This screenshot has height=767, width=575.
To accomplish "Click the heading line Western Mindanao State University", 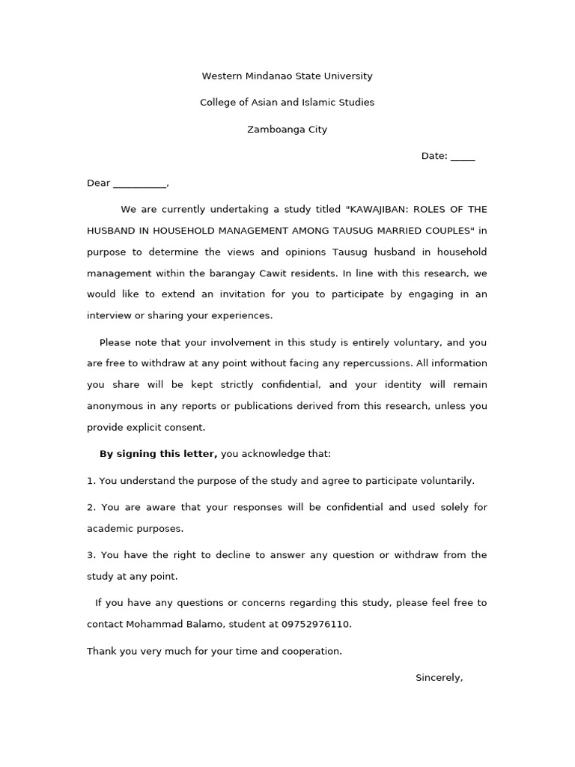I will tap(287, 76).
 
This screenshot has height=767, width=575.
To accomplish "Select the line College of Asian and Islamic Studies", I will tap(287, 103).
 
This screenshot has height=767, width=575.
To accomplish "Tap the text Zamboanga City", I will tap(287, 130).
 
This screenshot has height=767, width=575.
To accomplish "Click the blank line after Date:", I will tap(463, 157).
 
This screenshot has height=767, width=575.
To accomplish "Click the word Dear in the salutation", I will tap(98, 184).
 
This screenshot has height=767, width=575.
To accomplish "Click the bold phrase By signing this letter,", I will tap(158, 454).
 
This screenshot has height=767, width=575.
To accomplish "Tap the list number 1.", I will tap(91, 481).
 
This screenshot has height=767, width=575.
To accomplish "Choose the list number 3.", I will tap(91, 555).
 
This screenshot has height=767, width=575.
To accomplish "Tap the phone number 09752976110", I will tap(315, 624).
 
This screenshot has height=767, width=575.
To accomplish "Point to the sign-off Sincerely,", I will tap(439, 678).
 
